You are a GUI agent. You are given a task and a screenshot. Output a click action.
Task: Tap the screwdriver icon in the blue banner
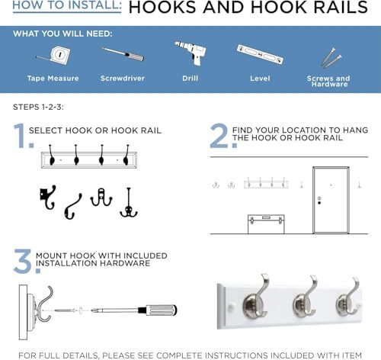[x=123, y=54]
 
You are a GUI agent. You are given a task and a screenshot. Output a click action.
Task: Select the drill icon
[x=191, y=53]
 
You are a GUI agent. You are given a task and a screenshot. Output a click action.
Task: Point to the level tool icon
[x=260, y=54]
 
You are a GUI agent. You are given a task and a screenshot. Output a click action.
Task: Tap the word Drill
[x=190, y=79]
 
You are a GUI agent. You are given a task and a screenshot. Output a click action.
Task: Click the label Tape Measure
[x=53, y=79]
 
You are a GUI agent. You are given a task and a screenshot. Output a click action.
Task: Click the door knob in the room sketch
[x=319, y=203]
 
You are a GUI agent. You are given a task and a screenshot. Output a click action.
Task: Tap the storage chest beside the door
[x=266, y=224]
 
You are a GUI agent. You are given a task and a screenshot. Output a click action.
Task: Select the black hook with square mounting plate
[x=47, y=198]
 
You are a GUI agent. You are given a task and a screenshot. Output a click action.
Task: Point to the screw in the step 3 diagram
[x=65, y=310]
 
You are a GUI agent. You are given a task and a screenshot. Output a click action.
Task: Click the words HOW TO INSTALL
[x=67, y=5]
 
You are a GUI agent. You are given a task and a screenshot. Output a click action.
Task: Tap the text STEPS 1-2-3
[x=38, y=107]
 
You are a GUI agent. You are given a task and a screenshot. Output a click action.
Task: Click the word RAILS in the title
[x=341, y=7]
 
